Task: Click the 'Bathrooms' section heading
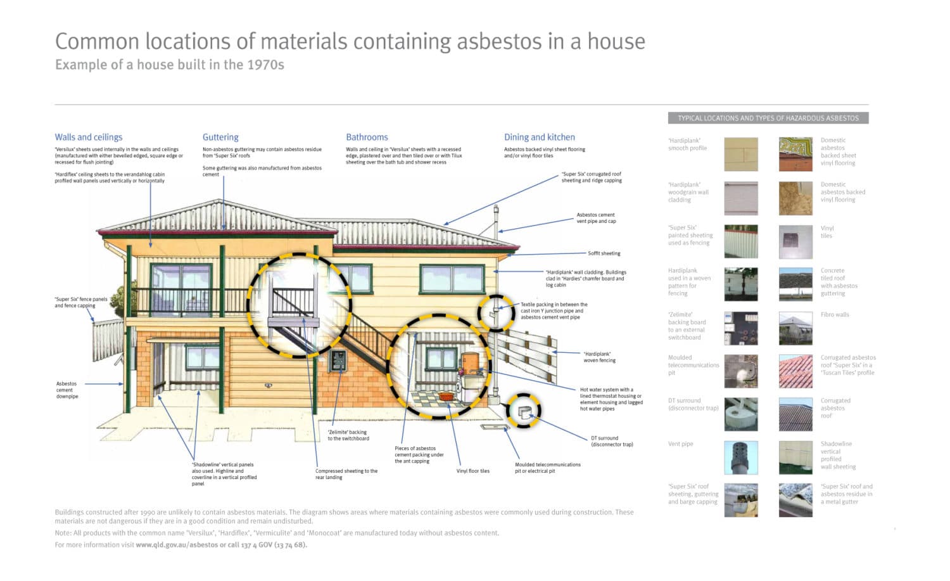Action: pos(367,137)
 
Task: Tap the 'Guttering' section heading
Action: pos(220,137)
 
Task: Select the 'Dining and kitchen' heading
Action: pos(540,137)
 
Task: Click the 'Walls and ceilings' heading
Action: pos(89,137)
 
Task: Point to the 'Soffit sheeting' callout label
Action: pos(604,253)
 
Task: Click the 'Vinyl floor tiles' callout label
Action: pos(472,471)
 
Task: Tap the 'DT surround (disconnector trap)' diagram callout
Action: pos(612,441)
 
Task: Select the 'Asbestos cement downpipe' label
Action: pos(66,390)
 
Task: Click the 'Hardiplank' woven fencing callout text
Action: pos(599,357)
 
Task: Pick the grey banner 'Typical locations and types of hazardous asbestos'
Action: pos(768,118)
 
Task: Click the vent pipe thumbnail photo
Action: pos(741,457)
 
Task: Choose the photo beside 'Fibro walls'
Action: pos(795,328)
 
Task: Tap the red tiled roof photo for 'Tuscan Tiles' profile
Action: pos(795,371)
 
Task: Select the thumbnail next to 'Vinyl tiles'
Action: pos(795,242)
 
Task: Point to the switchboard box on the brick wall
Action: pos(338,361)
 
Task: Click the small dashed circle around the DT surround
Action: pos(523,411)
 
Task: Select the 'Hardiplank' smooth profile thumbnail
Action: pos(741,155)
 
